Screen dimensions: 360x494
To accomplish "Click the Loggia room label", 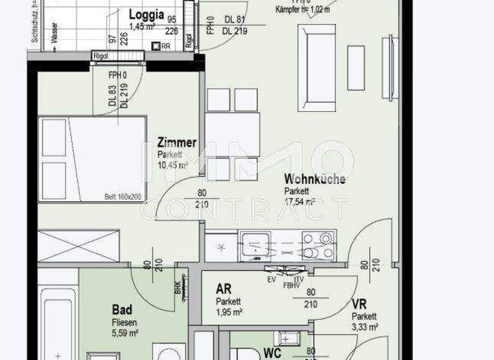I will point(147,15).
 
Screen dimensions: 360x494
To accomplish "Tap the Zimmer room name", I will point(177,143).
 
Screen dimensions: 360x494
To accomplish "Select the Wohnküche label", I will point(315,179).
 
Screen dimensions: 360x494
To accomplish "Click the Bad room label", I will point(122,310).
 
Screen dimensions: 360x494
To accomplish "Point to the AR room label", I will point(224,289).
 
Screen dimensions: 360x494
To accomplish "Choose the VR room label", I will point(359,304).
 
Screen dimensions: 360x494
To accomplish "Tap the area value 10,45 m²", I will point(172,165).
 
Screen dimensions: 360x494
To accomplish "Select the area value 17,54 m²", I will point(300,202).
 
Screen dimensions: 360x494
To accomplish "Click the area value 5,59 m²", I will point(125,332).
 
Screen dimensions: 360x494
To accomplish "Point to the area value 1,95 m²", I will point(229,312).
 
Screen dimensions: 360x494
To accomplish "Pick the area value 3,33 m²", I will point(364,327).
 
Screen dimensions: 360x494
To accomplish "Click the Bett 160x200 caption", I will point(122,197).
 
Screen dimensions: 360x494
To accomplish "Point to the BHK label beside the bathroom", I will point(177,287).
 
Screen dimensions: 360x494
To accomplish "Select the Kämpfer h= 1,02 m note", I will point(302,10).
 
